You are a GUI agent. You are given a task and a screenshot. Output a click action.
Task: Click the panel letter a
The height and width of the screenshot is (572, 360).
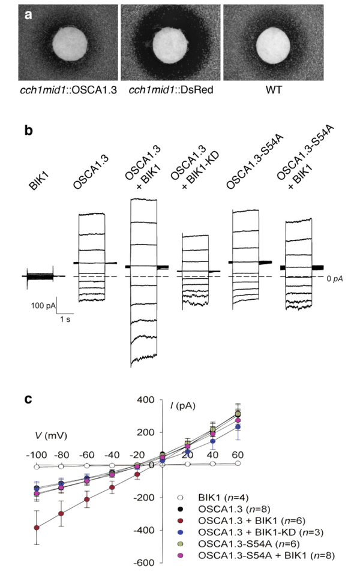click(28, 16)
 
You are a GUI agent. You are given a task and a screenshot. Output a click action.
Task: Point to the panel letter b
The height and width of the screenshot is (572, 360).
click(28, 129)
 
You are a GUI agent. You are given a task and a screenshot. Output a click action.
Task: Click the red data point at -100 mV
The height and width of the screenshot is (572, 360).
click(37, 528)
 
